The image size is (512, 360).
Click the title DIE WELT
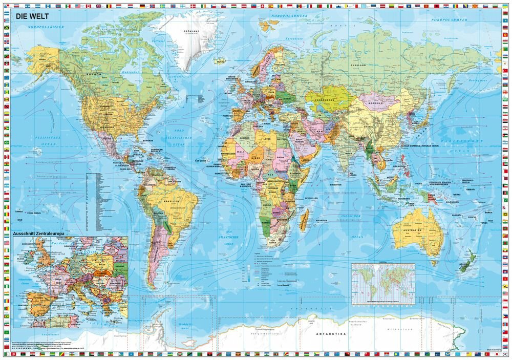[x=30, y=16]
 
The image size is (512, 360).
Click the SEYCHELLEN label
[x=311, y=198]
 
